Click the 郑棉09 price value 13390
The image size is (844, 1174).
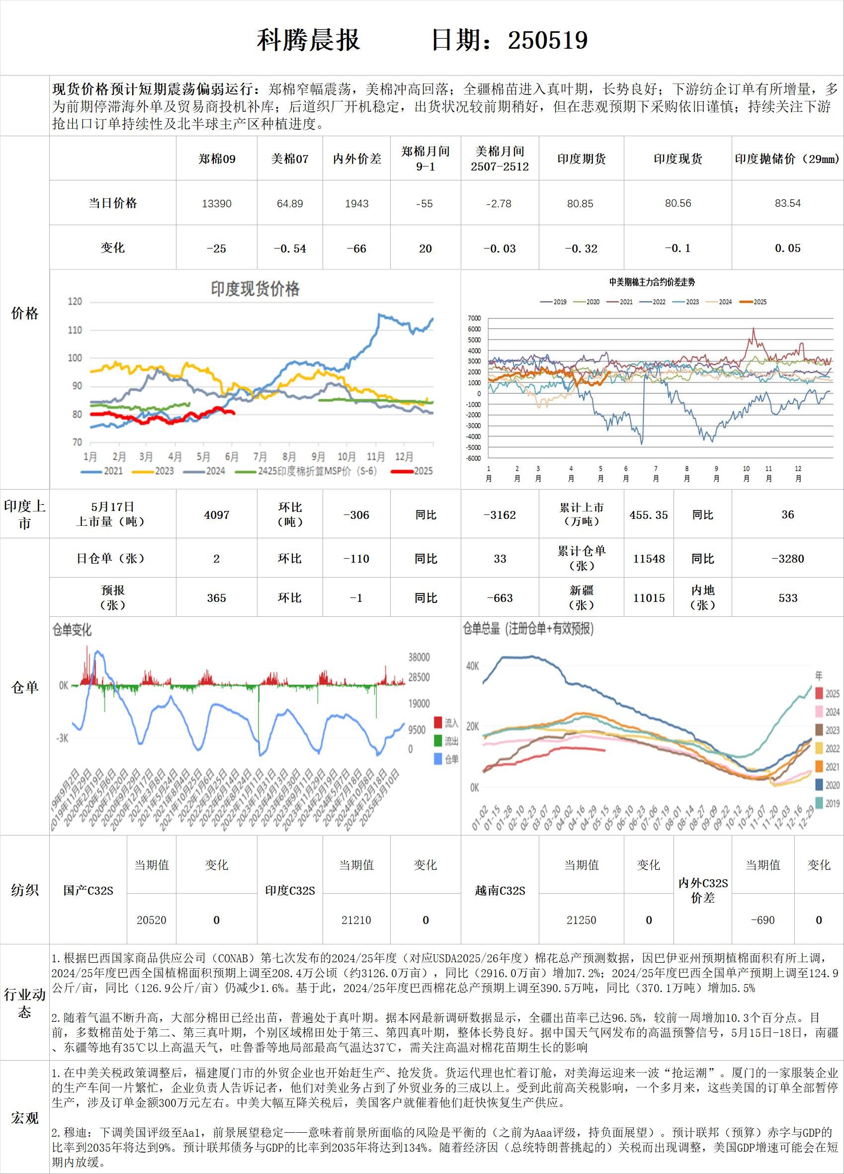216,203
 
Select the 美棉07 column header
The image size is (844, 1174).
289,159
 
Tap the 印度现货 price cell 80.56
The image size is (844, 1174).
678,203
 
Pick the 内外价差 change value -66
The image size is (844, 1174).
356,249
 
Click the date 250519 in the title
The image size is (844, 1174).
548,40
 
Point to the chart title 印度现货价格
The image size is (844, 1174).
255,289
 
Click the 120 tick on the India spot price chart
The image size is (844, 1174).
75,302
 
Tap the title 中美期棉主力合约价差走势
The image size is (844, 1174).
652,282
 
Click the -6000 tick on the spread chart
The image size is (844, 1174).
473,458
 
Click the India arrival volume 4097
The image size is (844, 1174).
216,515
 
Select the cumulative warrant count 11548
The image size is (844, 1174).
649,559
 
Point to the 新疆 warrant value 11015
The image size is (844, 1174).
649,598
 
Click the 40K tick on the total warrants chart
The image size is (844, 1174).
473,666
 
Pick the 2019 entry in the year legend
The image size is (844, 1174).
828,803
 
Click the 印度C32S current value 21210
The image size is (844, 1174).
356,921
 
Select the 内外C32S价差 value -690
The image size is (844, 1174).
762,921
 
